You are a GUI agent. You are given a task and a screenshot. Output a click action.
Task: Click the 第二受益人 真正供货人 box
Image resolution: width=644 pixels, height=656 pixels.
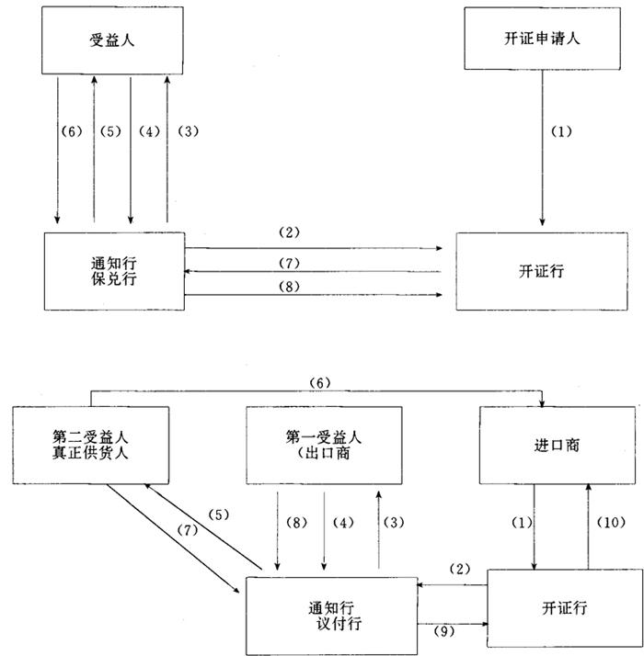coord(91,445)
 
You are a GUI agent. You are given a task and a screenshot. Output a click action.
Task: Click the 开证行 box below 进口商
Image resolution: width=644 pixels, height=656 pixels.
coord(561,607)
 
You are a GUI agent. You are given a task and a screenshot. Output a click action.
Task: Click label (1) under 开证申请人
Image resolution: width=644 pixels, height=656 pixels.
coord(560,130)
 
